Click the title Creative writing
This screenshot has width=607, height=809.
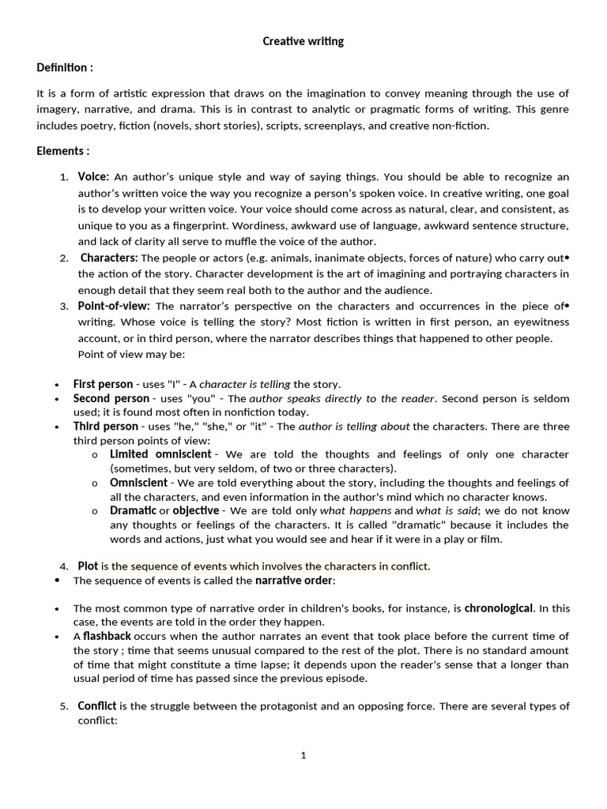coord(303,41)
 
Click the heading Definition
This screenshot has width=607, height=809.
coord(65,68)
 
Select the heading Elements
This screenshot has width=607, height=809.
coord(62,151)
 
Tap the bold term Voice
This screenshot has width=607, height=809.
coord(92,177)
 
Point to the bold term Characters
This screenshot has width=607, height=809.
coord(109,258)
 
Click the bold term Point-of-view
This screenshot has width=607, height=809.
coord(115,306)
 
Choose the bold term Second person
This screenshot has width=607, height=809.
coord(111,398)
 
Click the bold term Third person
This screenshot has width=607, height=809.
coord(105,427)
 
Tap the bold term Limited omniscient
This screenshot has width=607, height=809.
coord(160,454)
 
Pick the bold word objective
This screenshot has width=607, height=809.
coord(196,510)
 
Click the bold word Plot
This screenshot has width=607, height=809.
coord(88,566)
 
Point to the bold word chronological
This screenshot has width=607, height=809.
coord(499,608)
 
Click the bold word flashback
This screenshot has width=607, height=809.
coord(107,636)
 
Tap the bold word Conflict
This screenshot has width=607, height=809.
coord(96,706)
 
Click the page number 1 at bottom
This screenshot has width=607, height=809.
coord(303,755)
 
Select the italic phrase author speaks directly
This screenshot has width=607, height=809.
coord(296,398)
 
